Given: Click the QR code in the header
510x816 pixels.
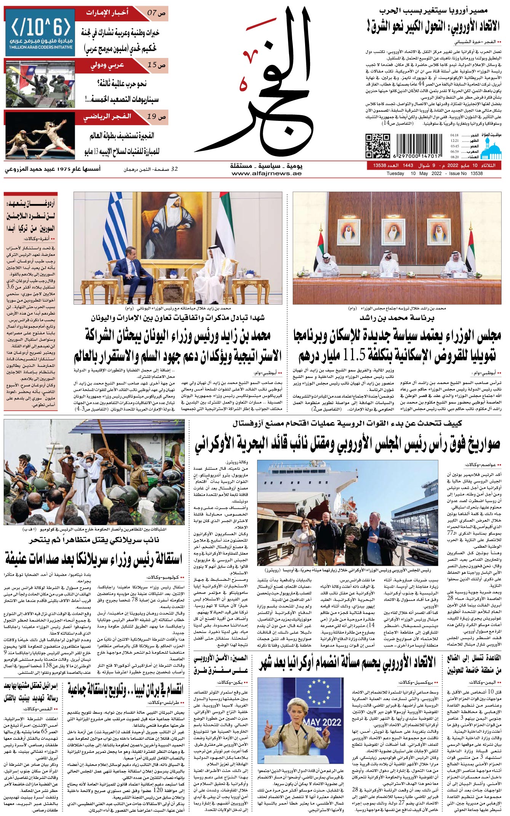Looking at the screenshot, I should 378,146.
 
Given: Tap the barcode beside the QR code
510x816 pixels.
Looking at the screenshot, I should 419,146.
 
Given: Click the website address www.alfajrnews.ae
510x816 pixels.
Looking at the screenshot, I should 266,174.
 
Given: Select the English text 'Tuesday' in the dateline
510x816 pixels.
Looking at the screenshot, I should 395,173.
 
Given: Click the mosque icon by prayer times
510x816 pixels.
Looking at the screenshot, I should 491,149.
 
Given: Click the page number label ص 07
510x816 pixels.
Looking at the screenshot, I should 157,13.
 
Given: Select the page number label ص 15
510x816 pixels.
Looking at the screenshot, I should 157,65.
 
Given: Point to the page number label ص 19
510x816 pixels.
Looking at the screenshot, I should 157,117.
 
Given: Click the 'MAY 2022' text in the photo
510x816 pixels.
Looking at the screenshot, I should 322,722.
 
